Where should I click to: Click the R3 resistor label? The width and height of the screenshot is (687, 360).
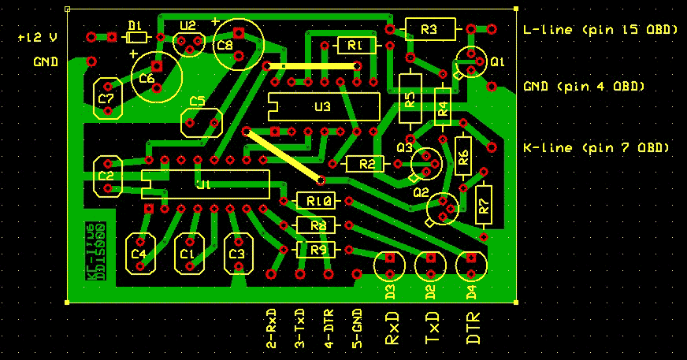[x=429, y=30]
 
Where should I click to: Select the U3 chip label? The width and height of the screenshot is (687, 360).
[x=322, y=106]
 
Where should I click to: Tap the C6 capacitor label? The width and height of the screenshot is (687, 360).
[x=147, y=79]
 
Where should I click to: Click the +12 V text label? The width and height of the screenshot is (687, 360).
[x=38, y=37]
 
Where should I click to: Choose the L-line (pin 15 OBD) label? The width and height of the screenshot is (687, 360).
[x=600, y=30]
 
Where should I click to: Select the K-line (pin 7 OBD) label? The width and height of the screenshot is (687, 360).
[x=596, y=147]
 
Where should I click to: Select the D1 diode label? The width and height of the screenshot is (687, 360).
[x=135, y=24]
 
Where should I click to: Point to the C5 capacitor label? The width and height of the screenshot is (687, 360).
[x=197, y=102]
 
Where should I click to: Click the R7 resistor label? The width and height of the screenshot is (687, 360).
[x=484, y=206]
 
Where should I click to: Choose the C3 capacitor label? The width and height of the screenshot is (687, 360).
[x=236, y=254]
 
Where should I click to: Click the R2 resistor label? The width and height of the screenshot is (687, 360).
[x=366, y=165]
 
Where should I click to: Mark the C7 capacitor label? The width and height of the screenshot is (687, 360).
[x=107, y=98]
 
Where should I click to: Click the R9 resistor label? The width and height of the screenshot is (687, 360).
[x=318, y=250]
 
